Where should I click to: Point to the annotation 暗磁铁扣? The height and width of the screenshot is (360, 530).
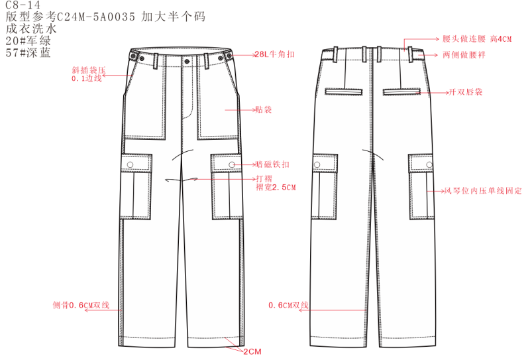click(x=272, y=164)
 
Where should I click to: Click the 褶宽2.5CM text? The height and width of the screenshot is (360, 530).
click(x=275, y=188)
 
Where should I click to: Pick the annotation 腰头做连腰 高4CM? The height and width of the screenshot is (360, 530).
click(x=477, y=40)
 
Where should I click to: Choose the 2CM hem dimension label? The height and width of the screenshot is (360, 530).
click(x=252, y=351)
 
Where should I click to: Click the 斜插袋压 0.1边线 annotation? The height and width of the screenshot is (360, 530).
click(x=87, y=74)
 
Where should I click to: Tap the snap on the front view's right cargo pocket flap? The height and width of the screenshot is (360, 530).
click(x=231, y=164)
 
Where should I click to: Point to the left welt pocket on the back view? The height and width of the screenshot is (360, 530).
click(x=341, y=90)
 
